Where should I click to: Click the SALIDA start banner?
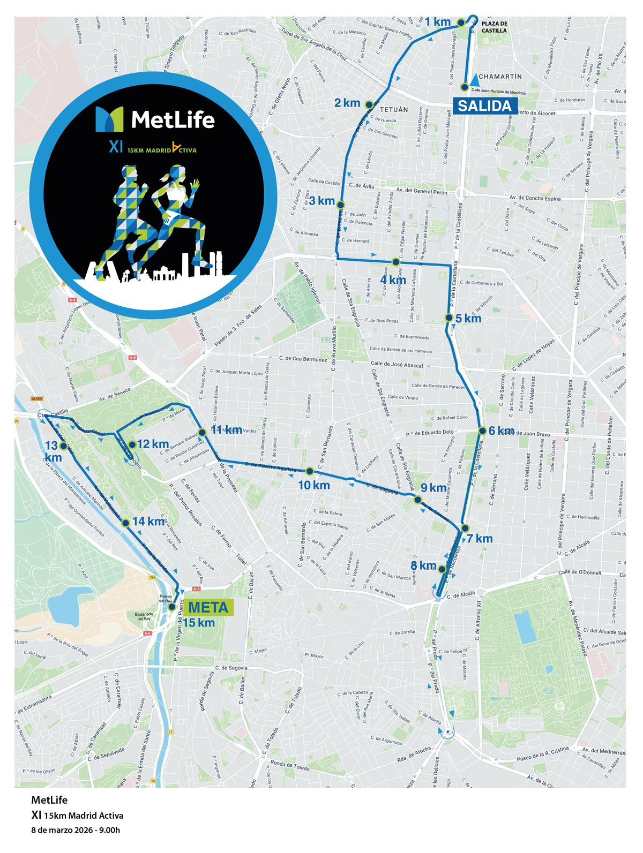coord(484,105)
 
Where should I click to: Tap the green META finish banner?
coord(208,607)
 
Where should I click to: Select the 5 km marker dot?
coord(449,318)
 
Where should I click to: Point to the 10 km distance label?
coord(314,485)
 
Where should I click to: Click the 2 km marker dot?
coord(369,104)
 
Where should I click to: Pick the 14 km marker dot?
coord(125,523)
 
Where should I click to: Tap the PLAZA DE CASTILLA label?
coord(494,27)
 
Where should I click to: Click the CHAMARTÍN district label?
coord(500,77)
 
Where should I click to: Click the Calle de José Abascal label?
coord(397,365)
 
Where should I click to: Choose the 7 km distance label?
coord(480,539)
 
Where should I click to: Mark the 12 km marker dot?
coord(132,444)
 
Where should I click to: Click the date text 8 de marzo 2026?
coord(76,831)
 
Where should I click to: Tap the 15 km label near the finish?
coord(199,623)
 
